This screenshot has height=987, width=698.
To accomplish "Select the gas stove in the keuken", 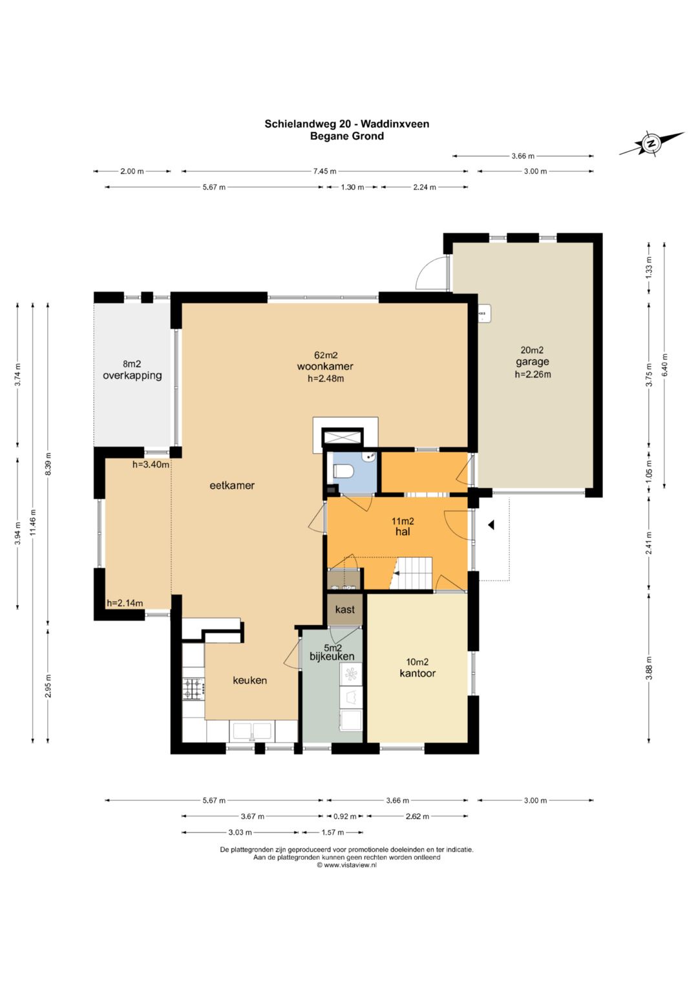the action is tap(193, 688).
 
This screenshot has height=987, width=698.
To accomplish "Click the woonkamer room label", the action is tap(325, 366).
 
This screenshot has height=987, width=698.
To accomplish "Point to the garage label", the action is tap(533, 362).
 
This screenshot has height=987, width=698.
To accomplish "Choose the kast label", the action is tap(344, 610).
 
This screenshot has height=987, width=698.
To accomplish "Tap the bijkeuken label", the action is tap(332, 656).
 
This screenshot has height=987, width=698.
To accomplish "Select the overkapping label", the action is tap(132, 376).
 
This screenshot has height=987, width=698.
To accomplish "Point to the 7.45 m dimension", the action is tap(324, 171).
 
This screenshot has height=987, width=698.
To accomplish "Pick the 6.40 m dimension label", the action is tap(664, 365).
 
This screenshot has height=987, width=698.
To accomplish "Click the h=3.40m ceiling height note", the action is tap(151, 465).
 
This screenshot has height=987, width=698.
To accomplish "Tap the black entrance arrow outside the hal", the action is tap(491, 525).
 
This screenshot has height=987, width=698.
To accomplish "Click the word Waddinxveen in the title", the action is tap(395, 124).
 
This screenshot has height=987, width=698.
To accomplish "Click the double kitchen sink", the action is tap(251, 732).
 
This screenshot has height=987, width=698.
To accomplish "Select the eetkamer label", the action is tap(232, 485).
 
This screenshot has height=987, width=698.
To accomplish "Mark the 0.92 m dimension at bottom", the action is tap(344, 816).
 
